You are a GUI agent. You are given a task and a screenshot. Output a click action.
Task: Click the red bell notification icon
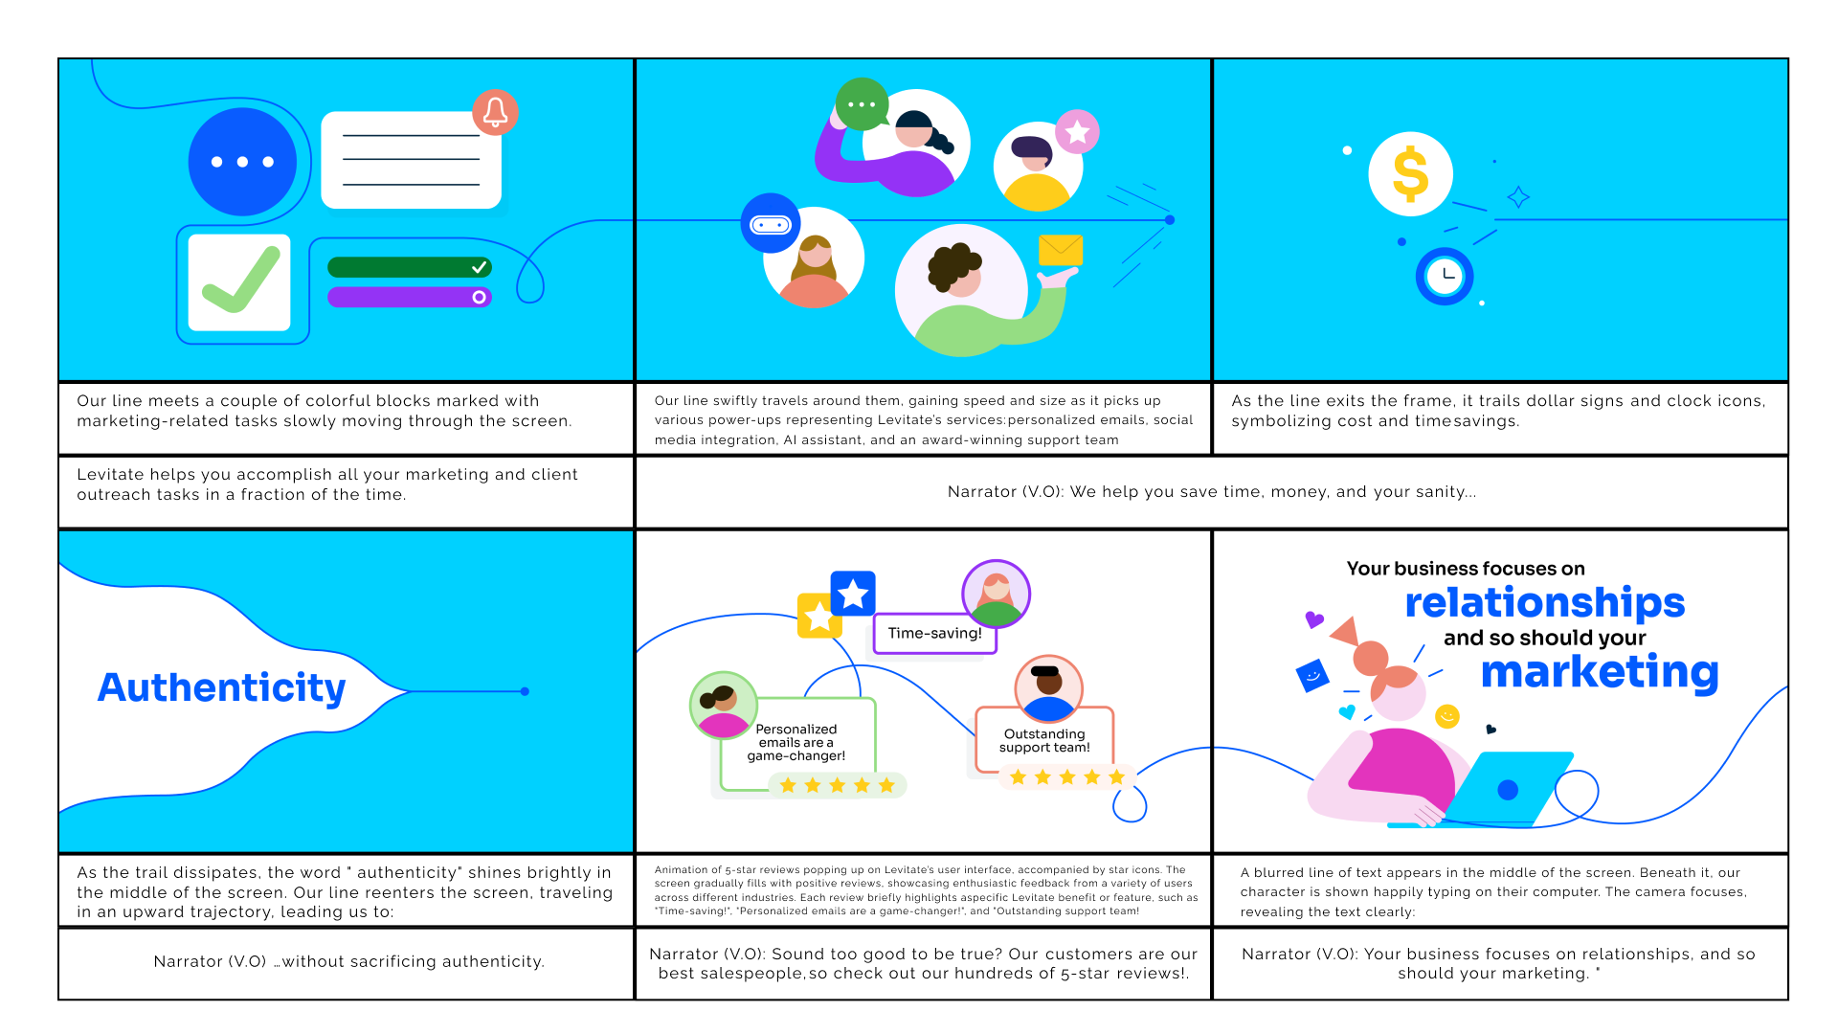495,113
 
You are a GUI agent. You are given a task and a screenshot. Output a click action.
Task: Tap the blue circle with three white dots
242,162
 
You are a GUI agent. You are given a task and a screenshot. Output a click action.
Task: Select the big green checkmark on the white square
239,282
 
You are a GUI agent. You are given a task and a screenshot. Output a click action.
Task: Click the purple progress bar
409,298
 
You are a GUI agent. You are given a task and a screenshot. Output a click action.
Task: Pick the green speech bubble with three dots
861,104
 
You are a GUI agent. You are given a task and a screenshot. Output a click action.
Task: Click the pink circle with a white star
1077,132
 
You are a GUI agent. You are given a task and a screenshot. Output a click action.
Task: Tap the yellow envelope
1061,250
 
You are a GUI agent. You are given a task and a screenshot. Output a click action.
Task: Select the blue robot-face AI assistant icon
771,224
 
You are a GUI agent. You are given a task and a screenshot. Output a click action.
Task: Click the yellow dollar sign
1410,174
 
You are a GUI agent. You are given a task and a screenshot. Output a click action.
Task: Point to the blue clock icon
1445,277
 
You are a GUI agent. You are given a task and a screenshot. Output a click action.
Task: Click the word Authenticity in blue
221,688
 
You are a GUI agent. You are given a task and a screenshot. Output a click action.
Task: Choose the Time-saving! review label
934,634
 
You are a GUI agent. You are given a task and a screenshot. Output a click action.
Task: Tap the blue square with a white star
853,594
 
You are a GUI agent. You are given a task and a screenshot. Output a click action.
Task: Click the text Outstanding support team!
1044,741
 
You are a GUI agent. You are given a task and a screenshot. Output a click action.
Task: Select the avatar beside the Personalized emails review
724,706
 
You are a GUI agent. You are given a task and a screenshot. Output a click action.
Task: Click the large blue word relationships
1544,603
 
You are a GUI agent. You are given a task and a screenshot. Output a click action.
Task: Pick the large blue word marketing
1600,672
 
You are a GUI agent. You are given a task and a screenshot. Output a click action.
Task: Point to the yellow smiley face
1447,716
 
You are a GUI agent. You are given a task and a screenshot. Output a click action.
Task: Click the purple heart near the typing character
1314,619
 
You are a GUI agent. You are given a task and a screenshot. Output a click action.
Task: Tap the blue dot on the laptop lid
1508,790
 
